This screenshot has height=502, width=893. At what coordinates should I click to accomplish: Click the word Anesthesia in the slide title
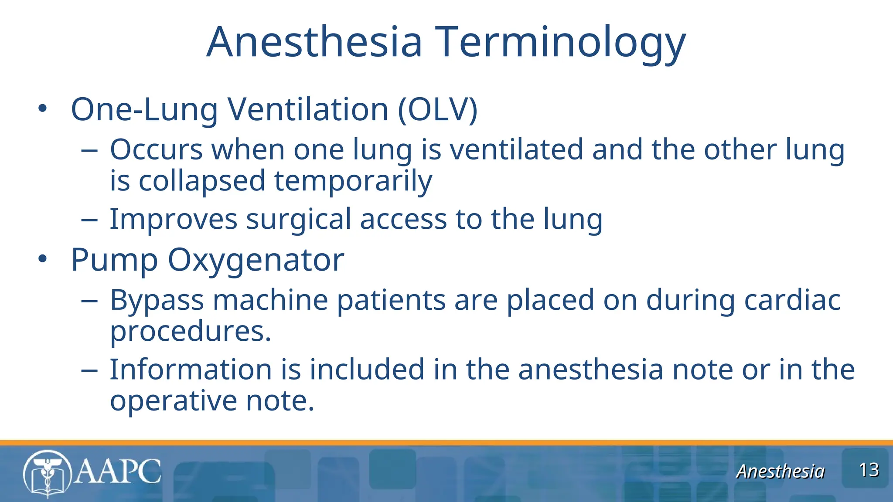314,42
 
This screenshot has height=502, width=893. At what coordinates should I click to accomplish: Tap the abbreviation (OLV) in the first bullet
437,109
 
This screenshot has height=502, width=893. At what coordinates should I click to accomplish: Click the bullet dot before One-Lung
42,109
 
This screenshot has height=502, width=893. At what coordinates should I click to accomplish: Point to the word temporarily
353,181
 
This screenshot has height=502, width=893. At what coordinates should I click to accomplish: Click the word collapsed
201,181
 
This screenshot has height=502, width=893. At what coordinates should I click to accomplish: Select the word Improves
173,219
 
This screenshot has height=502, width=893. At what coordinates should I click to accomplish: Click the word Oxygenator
256,260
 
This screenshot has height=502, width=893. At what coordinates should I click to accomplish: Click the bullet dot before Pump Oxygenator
42,259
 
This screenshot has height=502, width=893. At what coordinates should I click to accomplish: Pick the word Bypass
157,300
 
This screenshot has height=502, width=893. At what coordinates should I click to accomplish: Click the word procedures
190,332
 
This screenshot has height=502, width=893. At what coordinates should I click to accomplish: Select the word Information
191,370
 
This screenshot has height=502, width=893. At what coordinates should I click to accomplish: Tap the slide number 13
869,470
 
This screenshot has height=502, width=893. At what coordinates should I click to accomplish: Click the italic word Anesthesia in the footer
781,471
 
